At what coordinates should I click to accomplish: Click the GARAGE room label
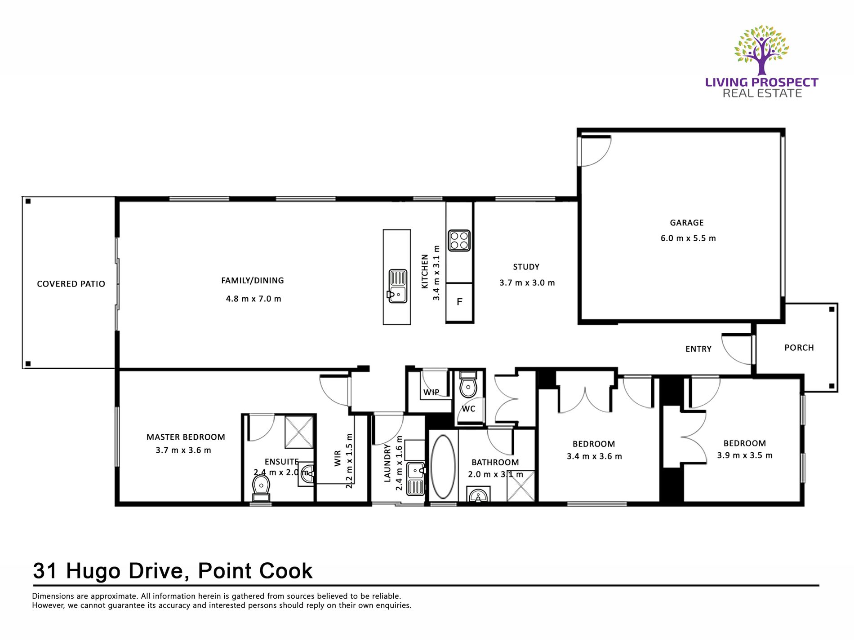coord(686,223)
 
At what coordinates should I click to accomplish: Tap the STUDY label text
coord(526,267)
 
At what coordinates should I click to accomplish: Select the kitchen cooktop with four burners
coord(459,240)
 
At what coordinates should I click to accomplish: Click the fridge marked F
coord(459,302)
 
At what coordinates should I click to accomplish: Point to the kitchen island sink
coord(397,286)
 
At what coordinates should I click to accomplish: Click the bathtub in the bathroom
coord(443,466)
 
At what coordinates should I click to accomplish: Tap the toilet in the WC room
coord(468,384)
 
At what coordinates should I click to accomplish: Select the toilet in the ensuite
coord(261,488)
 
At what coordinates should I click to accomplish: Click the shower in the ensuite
coord(299,432)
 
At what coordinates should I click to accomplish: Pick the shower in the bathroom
coord(520,486)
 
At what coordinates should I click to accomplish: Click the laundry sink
coord(415,479)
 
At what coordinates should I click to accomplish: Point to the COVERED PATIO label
coord(71,284)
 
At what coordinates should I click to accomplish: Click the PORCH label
coord(799,348)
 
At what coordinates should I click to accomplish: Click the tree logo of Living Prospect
coord(761,50)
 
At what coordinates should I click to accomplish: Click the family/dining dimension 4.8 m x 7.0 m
coord(253,299)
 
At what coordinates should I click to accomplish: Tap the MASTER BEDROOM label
coord(186,437)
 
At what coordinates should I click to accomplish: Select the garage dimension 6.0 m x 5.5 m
coord(688,238)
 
